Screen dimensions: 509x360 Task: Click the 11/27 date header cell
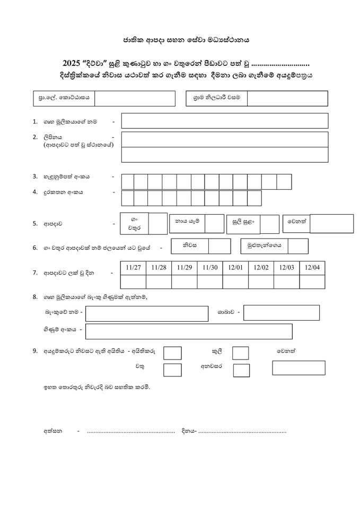(x=134, y=268)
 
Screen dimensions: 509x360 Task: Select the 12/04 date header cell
(x=312, y=268)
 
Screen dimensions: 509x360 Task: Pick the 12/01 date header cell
(x=235, y=268)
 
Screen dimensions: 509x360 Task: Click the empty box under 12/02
(x=261, y=282)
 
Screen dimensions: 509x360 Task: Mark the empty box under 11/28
(x=159, y=282)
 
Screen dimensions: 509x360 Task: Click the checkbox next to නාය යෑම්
(x=214, y=224)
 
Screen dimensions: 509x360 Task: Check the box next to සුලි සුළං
(x=269, y=224)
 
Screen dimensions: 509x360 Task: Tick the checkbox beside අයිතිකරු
(x=172, y=353)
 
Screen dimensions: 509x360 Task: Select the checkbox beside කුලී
(x=241, y=353)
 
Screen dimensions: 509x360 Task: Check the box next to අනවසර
(x=241, y=371)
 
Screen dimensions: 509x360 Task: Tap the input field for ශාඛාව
(x=281, y=313)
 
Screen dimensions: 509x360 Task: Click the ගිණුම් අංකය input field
(x=188, y=331)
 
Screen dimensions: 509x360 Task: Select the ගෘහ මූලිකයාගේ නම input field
(x=224, y=121)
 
